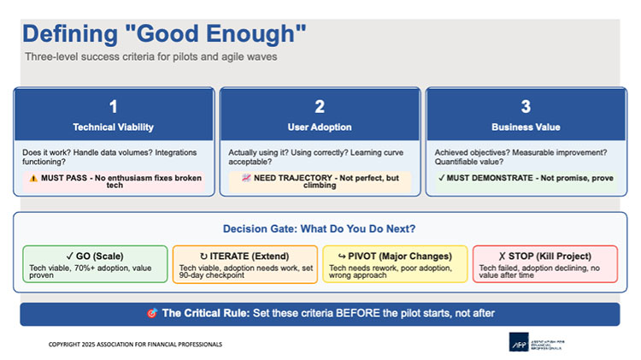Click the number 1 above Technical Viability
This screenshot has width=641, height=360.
[114, 107]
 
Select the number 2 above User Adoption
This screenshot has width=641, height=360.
[320, 107]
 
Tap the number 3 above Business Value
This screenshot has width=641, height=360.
[526, 107]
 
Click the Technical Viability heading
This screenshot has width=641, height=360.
[114, 127]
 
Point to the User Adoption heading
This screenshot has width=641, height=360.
[320, 127]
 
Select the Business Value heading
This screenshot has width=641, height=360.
[526, 127]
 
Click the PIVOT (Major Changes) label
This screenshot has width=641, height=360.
[395, 256]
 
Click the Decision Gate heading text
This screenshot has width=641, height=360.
[320, 229]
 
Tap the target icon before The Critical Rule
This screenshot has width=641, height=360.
[152, 314]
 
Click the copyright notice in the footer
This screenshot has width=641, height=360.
[134, 344]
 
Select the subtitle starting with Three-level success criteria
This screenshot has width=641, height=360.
[151, 56]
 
